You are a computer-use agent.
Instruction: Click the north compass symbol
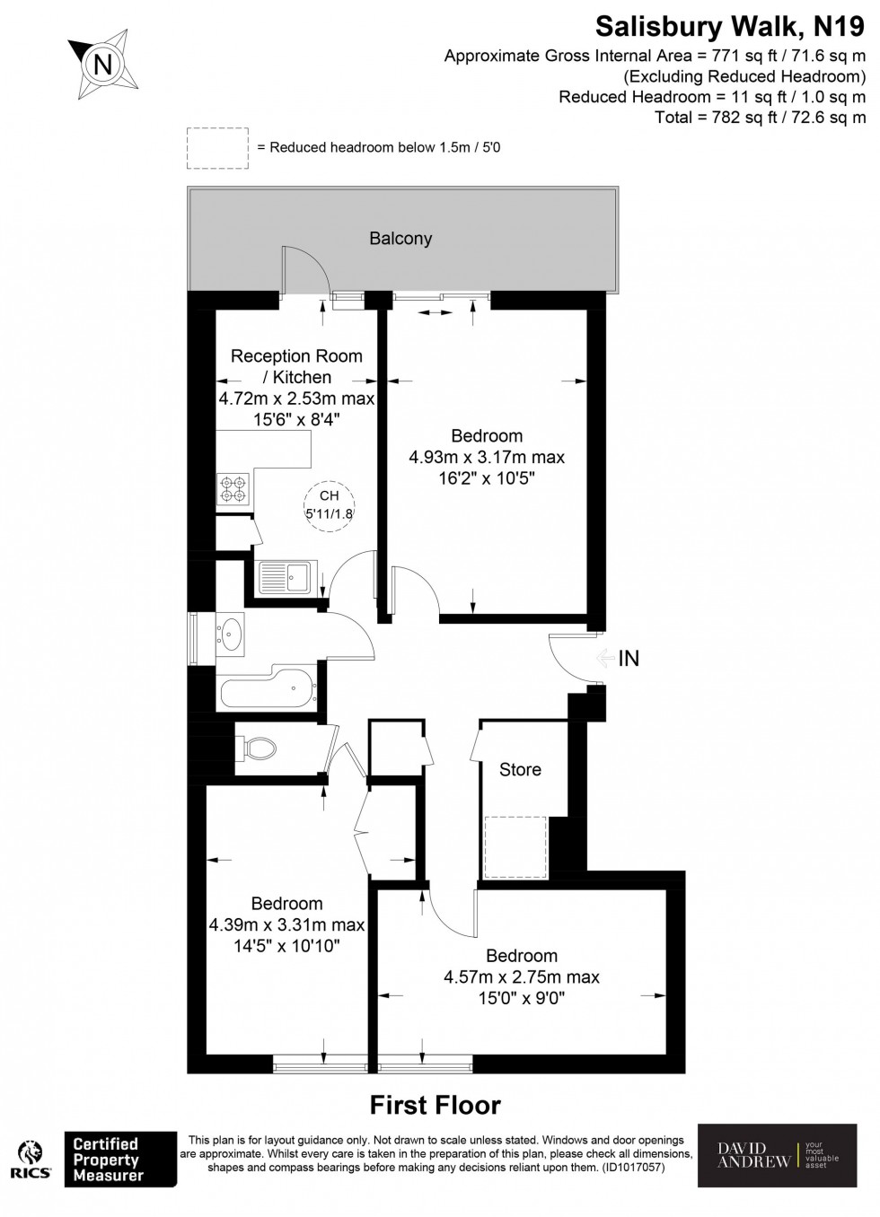(103, 65)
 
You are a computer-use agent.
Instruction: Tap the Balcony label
(400, 239)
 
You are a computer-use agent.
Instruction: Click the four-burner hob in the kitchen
(232, 487)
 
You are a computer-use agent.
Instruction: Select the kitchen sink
(284, 576)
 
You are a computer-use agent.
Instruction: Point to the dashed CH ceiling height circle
(330, 505)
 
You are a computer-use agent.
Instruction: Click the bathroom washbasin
(232, 633)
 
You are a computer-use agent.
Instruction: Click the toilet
(261, 747)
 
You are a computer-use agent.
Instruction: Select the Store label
(520, 770)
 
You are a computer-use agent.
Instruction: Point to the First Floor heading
(436, 1105)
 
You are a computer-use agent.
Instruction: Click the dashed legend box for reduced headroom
(217, 148)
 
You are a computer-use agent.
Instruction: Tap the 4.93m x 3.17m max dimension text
(487, 457)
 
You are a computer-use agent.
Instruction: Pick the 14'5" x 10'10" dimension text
(286, 945)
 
